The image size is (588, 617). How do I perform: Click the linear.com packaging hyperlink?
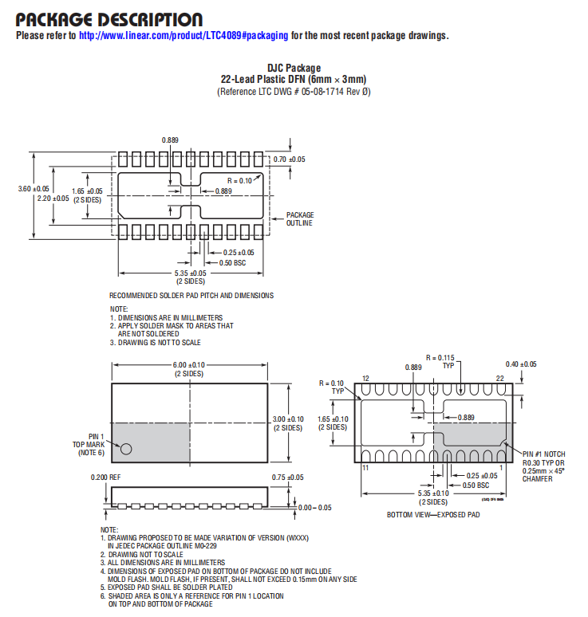click(184, 35)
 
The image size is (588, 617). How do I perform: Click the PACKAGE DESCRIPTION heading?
click(109, 20)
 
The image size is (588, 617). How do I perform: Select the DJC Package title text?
click(294, 68)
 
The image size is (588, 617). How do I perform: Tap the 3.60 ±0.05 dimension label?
click(34, 189)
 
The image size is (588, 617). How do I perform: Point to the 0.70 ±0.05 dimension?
click(289, 159)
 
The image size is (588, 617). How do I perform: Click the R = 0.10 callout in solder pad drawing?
click(239, 181)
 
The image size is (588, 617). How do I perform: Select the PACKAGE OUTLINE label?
click(300, 218)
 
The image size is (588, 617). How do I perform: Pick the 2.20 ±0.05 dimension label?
click(53, 198)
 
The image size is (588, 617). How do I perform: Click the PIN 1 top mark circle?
click(126, 449)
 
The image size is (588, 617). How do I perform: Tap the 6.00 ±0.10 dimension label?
click(188, 365)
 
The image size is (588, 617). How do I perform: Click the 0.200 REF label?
click(105, 477)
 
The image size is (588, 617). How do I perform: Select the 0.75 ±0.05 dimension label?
click(287, 477)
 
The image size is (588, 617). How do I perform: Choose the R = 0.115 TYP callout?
click(440, 362)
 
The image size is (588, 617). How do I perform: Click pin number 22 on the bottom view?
click(499, 379)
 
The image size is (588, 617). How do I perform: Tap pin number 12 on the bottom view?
click(366, 379)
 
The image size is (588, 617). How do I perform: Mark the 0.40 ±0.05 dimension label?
click(521, 364)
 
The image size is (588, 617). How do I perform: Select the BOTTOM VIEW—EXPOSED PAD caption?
click(433, 515)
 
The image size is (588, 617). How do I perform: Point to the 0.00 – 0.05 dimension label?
click(314, 508)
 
